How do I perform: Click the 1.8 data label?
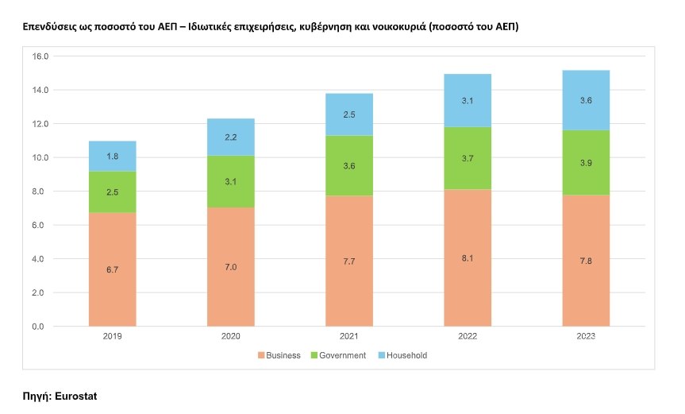coord(112,157)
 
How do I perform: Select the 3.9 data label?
coord(586,162)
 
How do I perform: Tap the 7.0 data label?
coord(231,267)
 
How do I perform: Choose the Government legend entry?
coord(341,355)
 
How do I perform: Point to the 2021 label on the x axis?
coord(349,338)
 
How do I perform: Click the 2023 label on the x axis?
coord(586,338)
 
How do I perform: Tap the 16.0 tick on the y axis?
coord(40,56)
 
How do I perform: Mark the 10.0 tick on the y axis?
coord(40,157)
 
